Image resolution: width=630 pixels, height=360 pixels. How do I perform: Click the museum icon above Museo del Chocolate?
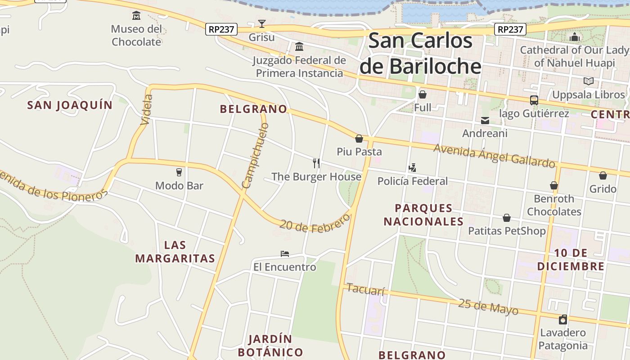136,16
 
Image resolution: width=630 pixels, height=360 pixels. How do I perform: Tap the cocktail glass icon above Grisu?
262,24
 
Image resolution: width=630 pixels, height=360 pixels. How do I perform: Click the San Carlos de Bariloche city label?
421,54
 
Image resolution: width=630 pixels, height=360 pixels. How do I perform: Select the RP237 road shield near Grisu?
221,29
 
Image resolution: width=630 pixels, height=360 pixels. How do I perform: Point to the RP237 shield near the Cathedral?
510,29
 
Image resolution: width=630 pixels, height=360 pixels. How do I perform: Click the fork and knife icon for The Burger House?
316,163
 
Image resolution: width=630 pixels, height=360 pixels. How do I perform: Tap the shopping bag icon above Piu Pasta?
359,139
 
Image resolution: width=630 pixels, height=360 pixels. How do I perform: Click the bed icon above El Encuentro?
284,254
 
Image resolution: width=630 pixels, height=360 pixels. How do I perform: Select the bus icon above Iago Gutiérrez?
534,100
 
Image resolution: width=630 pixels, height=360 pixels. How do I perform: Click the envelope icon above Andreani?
485,120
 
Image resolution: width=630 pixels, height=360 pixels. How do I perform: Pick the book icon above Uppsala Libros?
588,81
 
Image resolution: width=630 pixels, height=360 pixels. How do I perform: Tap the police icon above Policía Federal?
412,168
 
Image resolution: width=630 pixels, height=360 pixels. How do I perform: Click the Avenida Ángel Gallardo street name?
494,156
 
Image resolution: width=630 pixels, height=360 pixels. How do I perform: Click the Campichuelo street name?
255,155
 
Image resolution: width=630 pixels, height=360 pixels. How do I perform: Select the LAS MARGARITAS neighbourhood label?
175,252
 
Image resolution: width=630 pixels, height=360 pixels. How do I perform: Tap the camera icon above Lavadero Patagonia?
562,320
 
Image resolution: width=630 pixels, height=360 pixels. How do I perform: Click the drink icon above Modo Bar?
179,172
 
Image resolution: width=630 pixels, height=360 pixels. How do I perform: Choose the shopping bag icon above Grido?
603,175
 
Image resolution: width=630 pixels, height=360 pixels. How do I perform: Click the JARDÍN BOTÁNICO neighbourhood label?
270,346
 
